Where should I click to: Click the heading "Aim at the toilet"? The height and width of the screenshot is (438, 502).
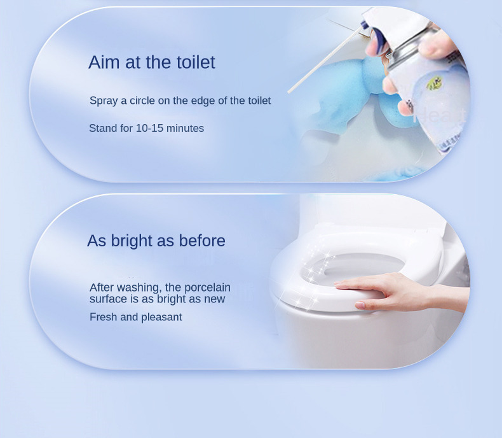(152, 62)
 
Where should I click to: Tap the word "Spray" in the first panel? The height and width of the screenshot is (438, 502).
(103, 101)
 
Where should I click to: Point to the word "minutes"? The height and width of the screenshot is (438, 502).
(186, 129)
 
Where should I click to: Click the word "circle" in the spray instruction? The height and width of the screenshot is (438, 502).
(142, 101)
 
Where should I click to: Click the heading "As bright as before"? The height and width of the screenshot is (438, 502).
(156, 241)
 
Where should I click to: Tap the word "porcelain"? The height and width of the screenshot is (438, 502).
(207, 288)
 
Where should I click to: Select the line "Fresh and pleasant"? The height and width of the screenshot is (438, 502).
(135, 317)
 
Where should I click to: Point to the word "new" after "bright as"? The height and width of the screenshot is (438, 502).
(214, 299)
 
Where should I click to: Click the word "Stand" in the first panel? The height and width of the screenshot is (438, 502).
(102, 129)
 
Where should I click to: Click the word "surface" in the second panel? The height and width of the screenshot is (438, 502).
(109, 299)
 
